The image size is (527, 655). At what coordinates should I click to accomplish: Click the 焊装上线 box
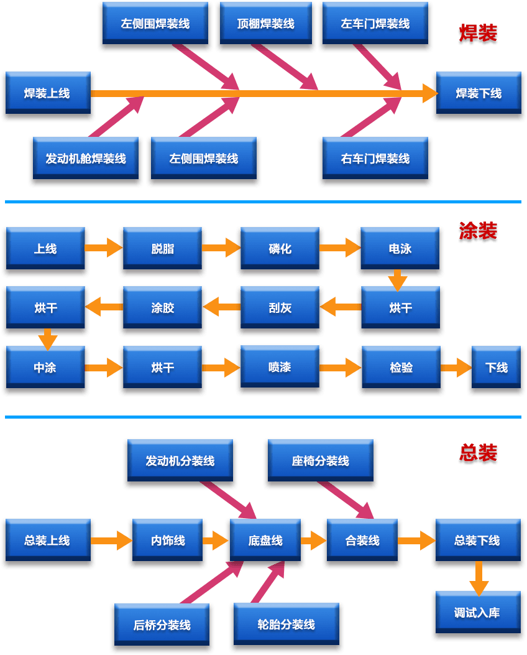click(47, 93)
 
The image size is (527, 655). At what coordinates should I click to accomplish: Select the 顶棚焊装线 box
click(265, 24)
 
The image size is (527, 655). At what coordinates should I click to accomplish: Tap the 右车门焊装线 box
click(375, 159)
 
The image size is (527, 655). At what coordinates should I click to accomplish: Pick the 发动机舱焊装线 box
click(86, 159)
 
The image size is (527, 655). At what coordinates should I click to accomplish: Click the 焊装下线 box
click(479, 93)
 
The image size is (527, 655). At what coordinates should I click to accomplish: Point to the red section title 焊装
click(478, 34)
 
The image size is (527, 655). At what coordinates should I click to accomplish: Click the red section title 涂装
click(478, 231)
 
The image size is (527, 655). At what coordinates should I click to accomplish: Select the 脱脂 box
click(163, 249)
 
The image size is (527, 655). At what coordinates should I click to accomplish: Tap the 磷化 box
click(280, 249)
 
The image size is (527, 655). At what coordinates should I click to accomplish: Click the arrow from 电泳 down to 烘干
click(398, 280)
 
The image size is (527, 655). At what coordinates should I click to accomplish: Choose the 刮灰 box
click(280, 308)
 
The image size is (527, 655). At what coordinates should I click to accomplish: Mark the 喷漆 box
click(280, 367)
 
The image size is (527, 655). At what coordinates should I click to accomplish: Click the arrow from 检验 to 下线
click(456, 368)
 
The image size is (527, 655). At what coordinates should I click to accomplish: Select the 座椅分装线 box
click(320, 461)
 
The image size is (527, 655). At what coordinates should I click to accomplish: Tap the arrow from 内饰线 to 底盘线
click(214, 541)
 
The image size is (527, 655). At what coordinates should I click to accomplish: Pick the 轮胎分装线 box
click(286, 625)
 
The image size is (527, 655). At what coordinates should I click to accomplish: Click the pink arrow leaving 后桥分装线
click(211, 582)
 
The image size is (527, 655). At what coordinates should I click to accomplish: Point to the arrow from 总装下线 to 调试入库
click(478, 578)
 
